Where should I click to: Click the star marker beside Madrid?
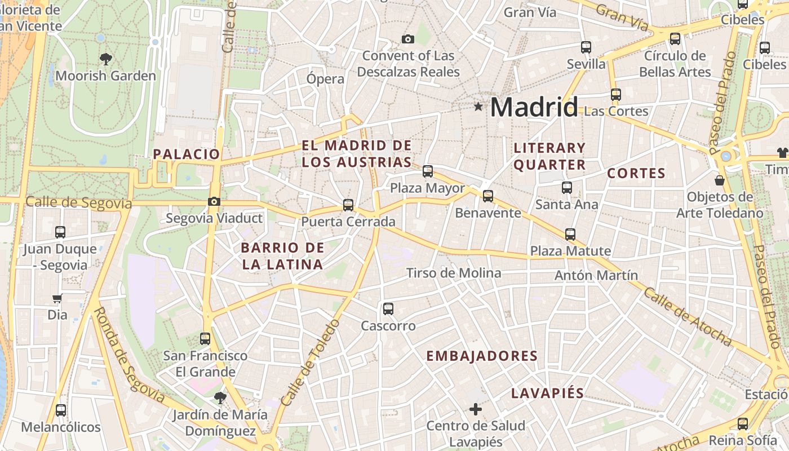[x=478, y=106]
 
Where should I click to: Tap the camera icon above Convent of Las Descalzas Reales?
[x=407, y=39]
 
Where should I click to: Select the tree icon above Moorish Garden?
[x=105, y=59]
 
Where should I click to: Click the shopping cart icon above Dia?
[x=57, y=299]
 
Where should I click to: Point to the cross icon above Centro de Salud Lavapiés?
[x=476, y=409]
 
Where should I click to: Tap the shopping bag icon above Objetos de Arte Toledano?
[x=720, y=180]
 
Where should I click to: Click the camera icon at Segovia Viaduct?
[x=214, y=201]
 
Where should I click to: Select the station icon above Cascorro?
[x=388, y=308]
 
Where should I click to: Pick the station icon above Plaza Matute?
[x=570, y=234]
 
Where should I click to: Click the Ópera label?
[x=325, y=78]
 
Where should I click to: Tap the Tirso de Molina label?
[x=454, y=273]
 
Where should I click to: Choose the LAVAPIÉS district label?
[x=547, y=393]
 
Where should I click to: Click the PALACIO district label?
[x=186, y=154]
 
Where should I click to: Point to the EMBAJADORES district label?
[x=482, y=356]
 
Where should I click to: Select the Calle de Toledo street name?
[x=311, y=362]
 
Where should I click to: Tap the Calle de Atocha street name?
[x=688, y=317]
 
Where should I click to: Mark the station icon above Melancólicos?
[x=60, y=410]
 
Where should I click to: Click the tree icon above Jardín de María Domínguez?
[x=220, y=398]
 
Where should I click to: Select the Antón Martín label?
[x=596, y=275]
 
